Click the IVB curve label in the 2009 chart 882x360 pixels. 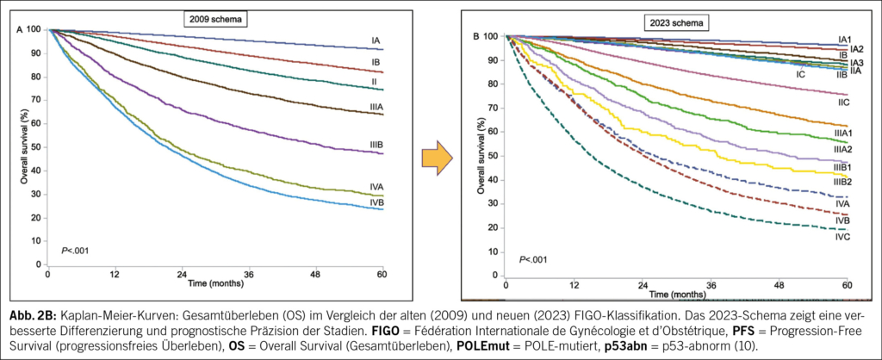coord(376,202)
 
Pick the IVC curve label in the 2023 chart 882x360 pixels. coord(842,236)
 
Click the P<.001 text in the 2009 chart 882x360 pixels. coord(73,251)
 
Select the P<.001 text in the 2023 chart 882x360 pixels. coord(532,259)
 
